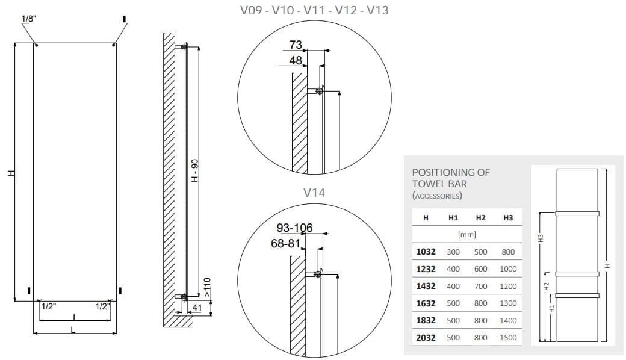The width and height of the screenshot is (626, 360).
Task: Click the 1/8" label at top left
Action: pos(28,19)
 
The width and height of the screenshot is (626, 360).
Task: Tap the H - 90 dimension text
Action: pos(194,171)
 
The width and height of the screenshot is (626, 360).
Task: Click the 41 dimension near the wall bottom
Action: pos(196,308)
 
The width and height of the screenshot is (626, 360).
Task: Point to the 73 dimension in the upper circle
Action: pos(296,45)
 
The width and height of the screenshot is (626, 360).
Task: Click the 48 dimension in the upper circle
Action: pos(296,60)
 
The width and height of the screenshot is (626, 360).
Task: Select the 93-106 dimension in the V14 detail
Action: pos(294,228)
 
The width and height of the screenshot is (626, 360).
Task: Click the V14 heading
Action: pos(314,193)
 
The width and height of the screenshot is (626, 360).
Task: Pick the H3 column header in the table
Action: pos(508,217)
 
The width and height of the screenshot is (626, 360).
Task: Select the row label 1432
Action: pos(426,286)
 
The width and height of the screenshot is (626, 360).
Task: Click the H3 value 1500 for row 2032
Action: pos(508,338)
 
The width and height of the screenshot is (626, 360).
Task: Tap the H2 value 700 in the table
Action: pos(480,286)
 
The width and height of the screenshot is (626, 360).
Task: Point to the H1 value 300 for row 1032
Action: pos(453,252)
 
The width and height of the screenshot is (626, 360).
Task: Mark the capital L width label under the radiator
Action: pos(73,329)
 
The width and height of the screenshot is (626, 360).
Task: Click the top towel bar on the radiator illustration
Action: pos(577,213)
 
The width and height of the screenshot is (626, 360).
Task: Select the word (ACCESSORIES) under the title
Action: pos(437,196)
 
